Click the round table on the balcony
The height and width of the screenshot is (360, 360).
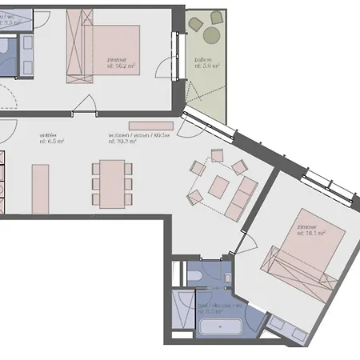click(x=211, y=34)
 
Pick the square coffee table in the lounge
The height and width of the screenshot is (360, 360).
click(x=218, y=186)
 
